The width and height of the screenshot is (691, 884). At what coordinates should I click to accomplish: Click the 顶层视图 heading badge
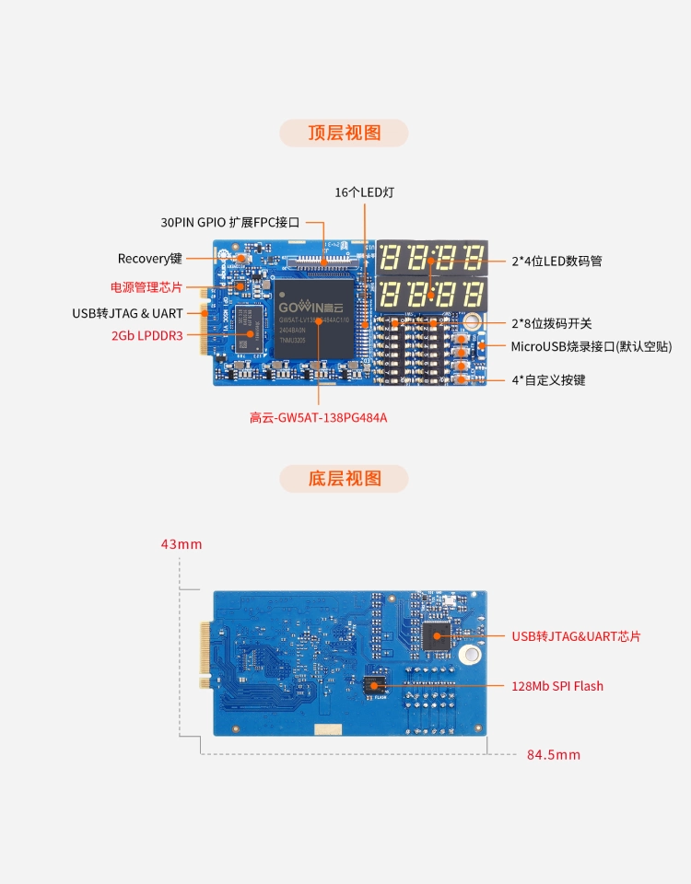344,133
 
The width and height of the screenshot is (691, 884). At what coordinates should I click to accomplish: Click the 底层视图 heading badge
344,478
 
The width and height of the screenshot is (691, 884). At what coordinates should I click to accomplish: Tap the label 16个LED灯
365,192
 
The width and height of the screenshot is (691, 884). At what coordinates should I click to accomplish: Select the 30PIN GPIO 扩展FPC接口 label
230,222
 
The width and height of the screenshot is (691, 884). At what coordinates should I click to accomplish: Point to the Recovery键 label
150,259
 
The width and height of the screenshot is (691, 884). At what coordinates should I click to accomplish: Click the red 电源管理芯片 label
146,286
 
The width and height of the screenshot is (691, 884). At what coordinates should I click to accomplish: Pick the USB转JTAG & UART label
127,313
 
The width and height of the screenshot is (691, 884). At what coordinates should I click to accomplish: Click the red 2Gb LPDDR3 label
146,336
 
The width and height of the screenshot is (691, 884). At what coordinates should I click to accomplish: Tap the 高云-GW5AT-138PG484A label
318,417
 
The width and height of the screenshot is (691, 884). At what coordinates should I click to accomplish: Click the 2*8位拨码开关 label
552,323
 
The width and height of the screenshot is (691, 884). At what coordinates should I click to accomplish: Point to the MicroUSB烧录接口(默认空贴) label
591,347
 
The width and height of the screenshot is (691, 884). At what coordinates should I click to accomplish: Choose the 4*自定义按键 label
548,379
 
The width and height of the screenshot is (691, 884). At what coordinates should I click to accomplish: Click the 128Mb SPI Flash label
557,686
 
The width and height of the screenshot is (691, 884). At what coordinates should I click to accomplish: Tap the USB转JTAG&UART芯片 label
576,636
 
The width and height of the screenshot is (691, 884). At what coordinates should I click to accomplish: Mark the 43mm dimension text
182,544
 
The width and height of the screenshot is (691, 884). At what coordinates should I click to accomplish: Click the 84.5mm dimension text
554,754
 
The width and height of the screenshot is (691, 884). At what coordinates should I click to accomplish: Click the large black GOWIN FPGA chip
314,319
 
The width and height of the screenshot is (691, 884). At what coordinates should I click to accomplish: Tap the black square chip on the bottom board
436,633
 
